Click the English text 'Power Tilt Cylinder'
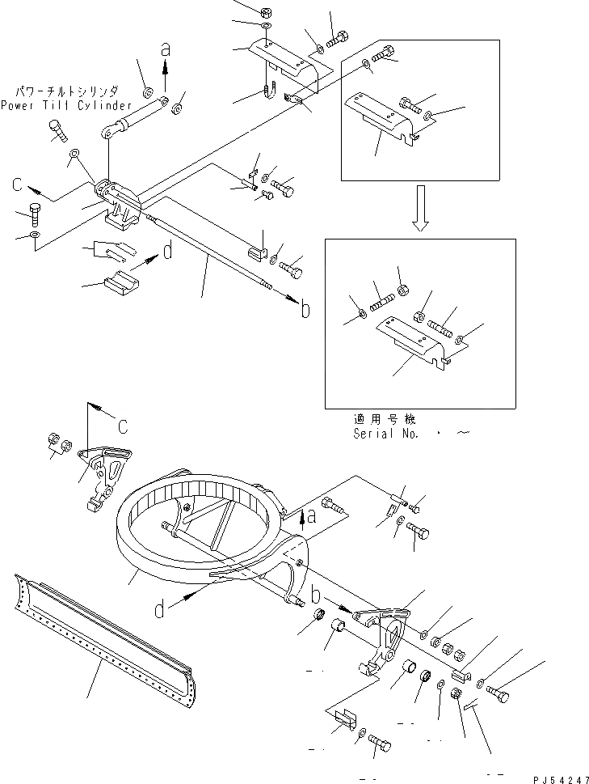click(65, 105)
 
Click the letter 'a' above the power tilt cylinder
click(166, 49)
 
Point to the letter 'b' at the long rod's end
click(305, 309)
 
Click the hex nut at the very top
click(267, 12)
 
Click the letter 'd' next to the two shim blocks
click(167, 252)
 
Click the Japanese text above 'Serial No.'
click(383, 420)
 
